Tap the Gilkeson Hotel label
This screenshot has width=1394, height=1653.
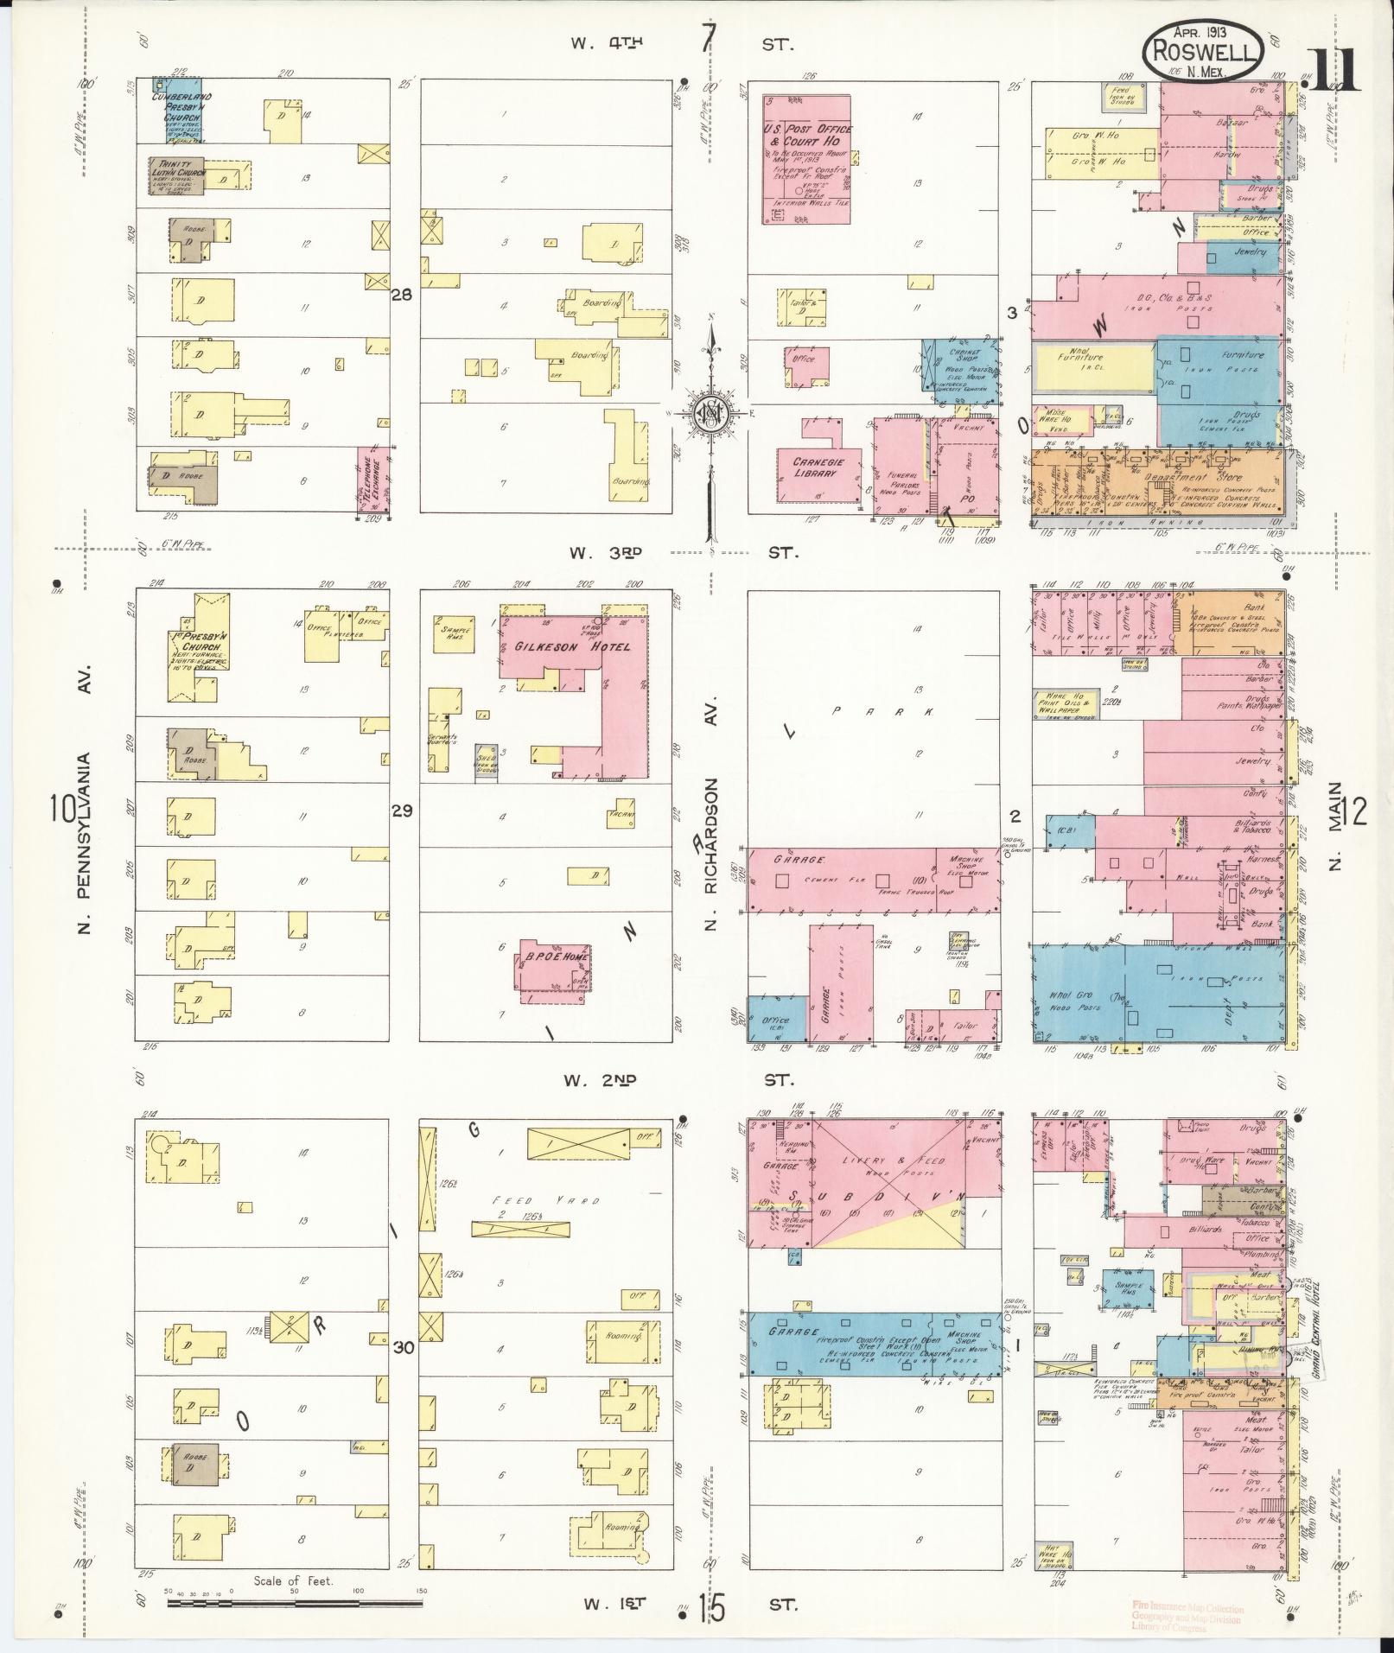point(572,646)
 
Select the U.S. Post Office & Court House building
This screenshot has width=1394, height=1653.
point(806,160)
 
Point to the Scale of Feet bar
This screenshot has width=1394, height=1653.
point(294,1603)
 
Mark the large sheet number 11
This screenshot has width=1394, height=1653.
point(1335,69)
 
